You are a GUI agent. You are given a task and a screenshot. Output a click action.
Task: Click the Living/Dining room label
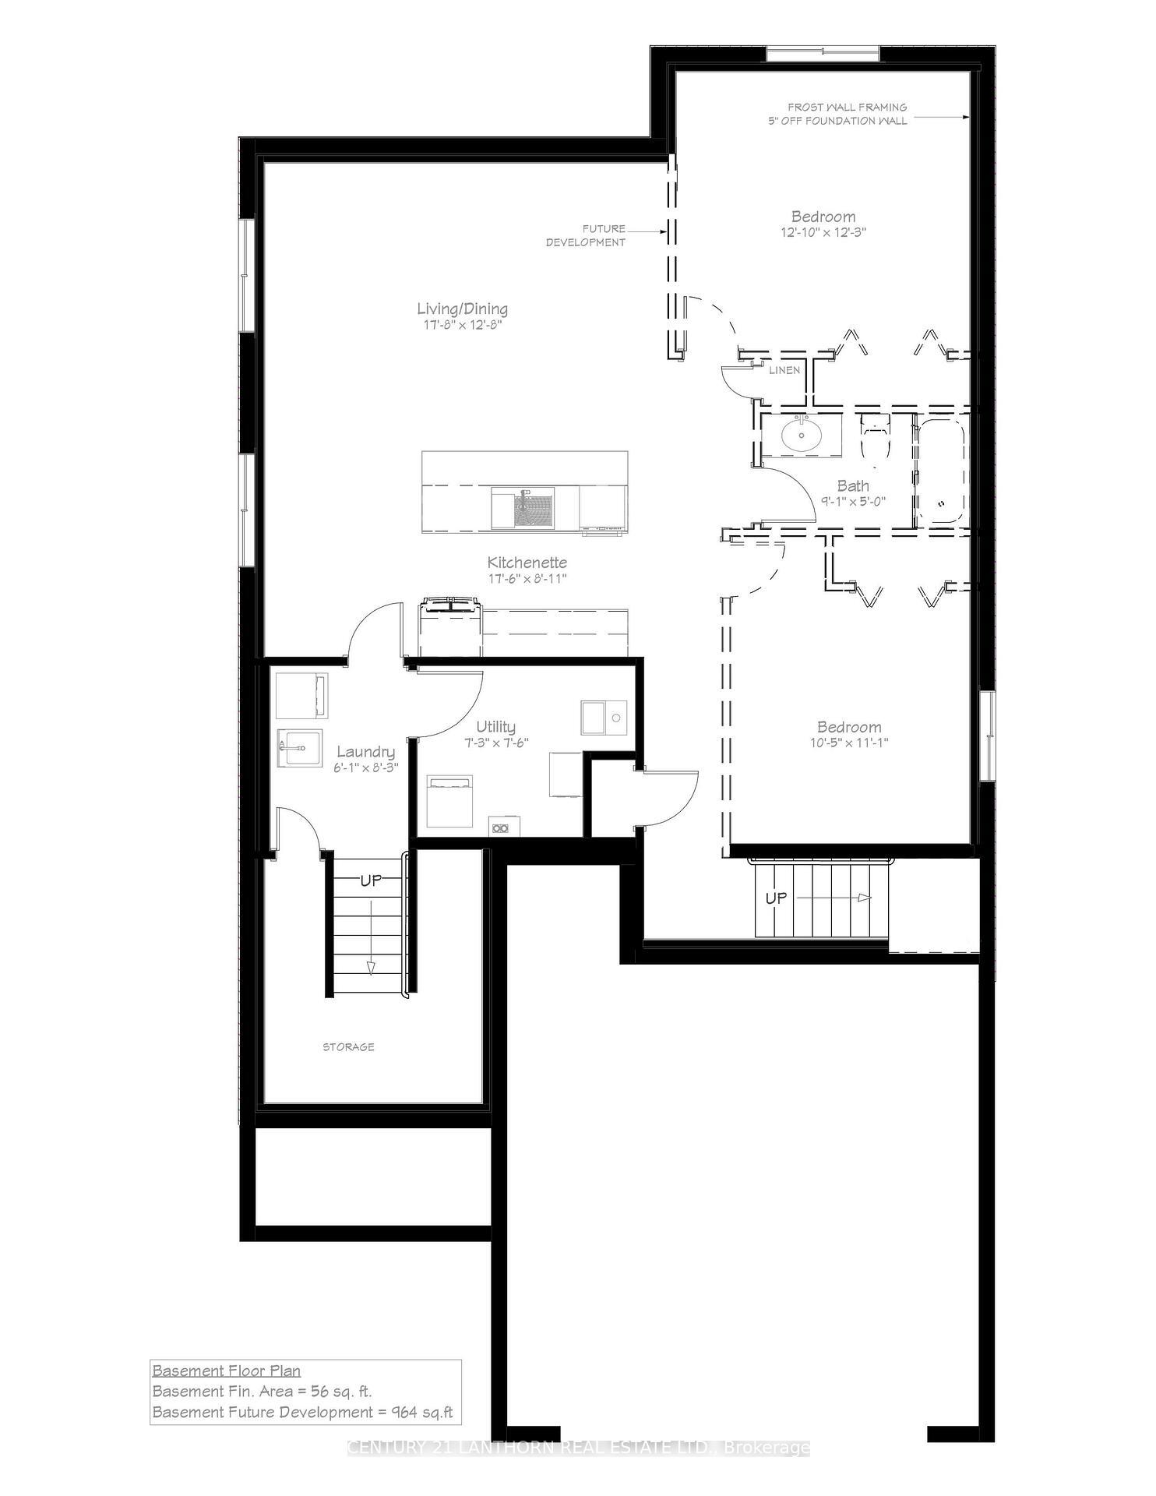[x=462, y=309]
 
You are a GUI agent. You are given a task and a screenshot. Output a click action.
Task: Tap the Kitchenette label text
[x=527, y=563]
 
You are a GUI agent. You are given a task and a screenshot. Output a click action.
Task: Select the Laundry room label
[x=365, y=752]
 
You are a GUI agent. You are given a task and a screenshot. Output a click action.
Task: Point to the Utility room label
[x=496, y=728]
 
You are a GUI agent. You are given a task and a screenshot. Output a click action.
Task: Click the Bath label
[x=853, y=485]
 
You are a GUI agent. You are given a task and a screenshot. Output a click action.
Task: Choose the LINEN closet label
[x=784, y=370]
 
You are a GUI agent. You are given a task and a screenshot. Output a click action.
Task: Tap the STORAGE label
[x=348, y=1046]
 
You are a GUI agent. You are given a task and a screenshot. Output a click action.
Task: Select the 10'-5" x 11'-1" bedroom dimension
[x=849, y=743]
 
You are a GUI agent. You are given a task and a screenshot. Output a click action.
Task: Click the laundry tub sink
[x=299, y=749]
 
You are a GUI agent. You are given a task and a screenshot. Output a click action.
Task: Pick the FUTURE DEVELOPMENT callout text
[x=586, y=235]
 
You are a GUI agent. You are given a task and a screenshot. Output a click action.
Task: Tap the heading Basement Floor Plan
[x=226, y=1371]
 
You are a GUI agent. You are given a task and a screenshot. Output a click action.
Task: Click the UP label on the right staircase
[x=776, y=898]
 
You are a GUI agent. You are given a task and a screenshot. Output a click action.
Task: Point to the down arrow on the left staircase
[x=371, y=966]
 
